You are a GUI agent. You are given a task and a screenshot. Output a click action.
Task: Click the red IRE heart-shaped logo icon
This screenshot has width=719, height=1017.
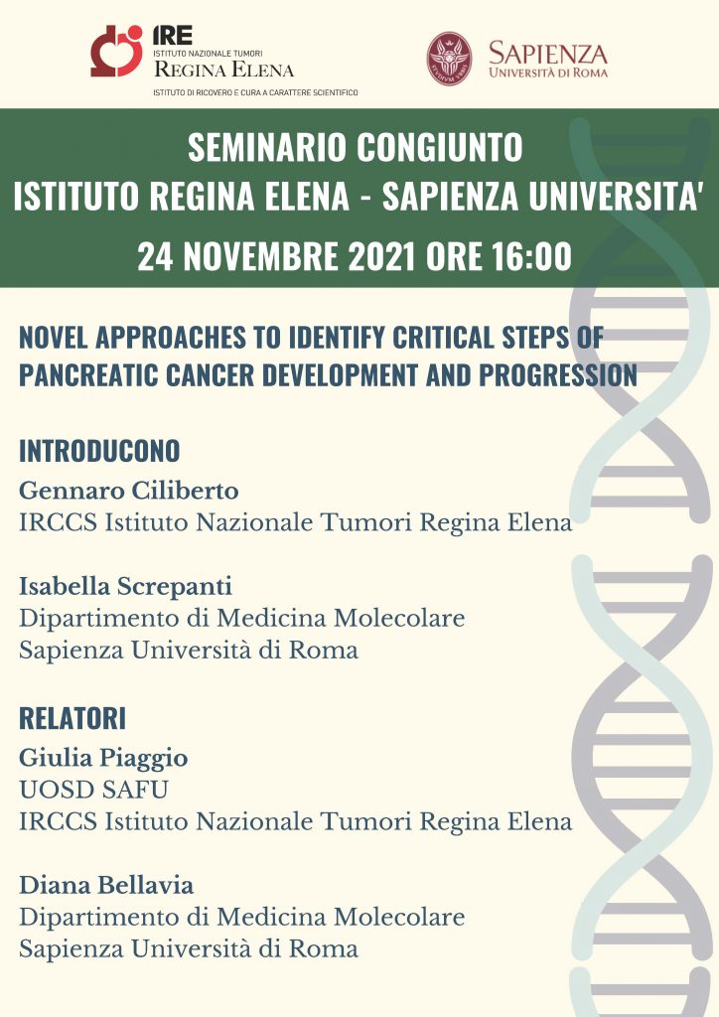[117, 51]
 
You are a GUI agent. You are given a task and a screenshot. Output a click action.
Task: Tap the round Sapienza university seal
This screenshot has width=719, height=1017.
[449, 59]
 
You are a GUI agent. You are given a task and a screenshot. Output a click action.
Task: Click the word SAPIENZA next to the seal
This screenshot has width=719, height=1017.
[548, 53]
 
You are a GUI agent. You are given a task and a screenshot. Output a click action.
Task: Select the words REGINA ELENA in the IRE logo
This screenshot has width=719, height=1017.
[223, 70]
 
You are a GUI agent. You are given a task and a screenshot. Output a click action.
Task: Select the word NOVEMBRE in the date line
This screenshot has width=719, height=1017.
[261, 255]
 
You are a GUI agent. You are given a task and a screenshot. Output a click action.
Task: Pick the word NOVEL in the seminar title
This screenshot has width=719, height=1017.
[54, 338]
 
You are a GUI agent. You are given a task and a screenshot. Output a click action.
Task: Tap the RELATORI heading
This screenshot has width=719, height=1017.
[72, 719]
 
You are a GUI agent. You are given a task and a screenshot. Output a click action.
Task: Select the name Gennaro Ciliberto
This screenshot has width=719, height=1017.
[129, 491]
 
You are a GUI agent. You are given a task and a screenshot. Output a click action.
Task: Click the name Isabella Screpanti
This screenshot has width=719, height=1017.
[126, 586]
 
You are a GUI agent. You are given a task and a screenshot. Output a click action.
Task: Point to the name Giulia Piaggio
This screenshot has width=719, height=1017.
[103, 758]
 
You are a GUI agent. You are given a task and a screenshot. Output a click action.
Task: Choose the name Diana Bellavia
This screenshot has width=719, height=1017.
[106, 885]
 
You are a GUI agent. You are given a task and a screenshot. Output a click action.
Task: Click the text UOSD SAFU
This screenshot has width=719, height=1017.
[94, 790]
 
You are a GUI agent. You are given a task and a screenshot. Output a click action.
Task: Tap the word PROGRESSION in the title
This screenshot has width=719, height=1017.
[558, 375]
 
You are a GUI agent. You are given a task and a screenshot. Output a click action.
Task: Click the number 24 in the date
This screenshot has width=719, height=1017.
[156, 255]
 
